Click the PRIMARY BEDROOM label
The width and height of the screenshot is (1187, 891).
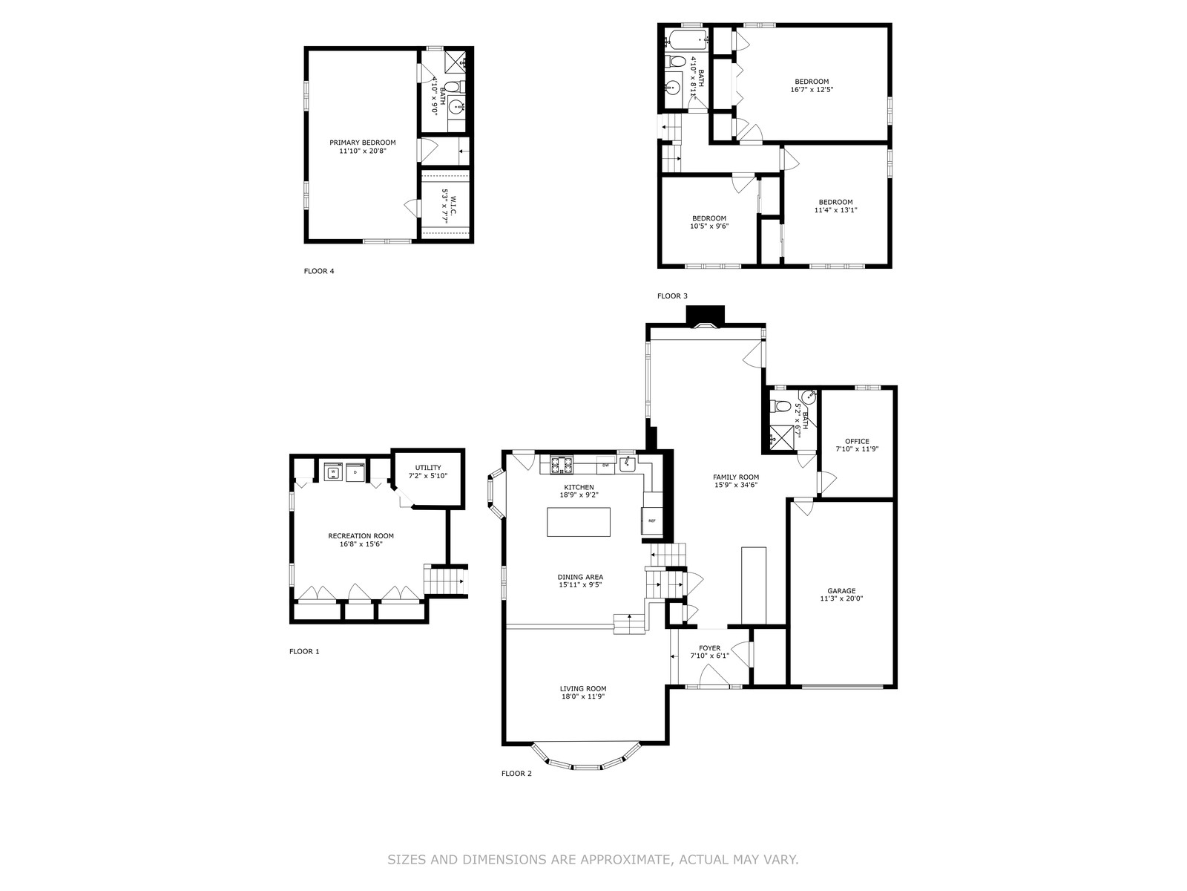click(362, 143)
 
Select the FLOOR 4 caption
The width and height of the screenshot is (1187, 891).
click(319, 271)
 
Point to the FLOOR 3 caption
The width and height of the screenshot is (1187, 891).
click(672, 296)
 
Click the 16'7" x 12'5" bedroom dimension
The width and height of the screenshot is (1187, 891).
click(812, 90)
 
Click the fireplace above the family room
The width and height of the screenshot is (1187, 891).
click(706, 316)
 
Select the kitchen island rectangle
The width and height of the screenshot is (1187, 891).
click(578, 522)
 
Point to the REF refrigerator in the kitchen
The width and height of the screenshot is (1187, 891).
click(651, 521)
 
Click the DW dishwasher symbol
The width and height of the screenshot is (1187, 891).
click(605, 465)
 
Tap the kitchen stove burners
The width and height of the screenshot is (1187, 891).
click(562, 466)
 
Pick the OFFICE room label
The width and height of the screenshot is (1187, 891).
click(857, 442)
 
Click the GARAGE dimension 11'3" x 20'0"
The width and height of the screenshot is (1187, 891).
click(841, 598)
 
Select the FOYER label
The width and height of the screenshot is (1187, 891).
click(709, 648)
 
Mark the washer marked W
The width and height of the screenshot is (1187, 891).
click(334, 472)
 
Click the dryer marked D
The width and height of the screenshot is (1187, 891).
click(355, 472)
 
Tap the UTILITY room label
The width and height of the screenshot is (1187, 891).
click(428, 468)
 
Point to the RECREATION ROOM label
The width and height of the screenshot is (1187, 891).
click(361, 536)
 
